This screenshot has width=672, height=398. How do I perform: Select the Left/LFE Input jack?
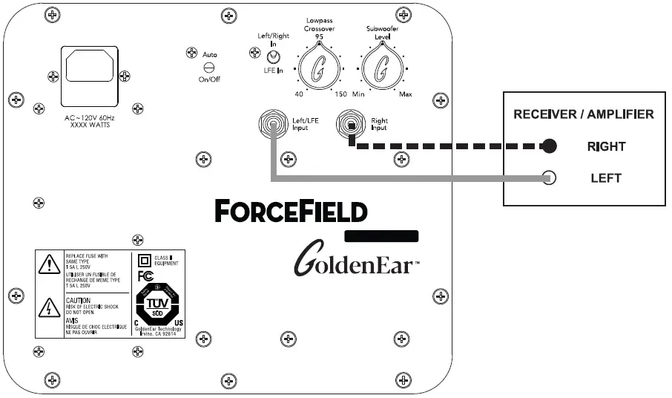(x=273, y=123)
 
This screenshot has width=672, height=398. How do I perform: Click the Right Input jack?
(x=350, y=123)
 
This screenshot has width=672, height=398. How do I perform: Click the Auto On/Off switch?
(x=209, y=67)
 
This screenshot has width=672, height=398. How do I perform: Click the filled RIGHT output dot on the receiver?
(x=549, y=146)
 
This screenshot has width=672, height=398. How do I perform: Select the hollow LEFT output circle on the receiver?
(x=549, y=178)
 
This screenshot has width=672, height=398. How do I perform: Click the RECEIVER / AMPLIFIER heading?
(x=584, y=114)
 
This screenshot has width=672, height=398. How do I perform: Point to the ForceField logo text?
(x=291, y=211)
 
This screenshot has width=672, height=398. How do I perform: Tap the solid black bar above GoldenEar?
(x=381, y=236)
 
